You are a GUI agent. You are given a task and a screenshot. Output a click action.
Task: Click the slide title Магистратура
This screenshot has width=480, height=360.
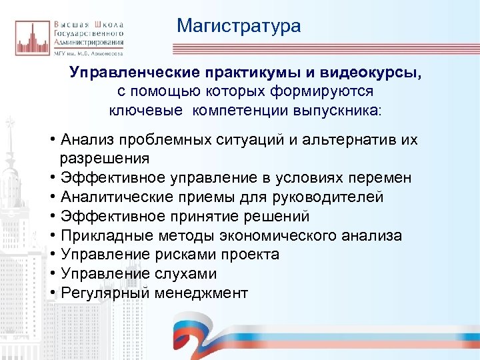point(239,26)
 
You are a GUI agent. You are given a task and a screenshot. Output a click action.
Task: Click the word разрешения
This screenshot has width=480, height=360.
point(105,159)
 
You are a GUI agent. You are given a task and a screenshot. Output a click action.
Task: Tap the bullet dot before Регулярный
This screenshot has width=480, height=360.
point(52,293)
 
